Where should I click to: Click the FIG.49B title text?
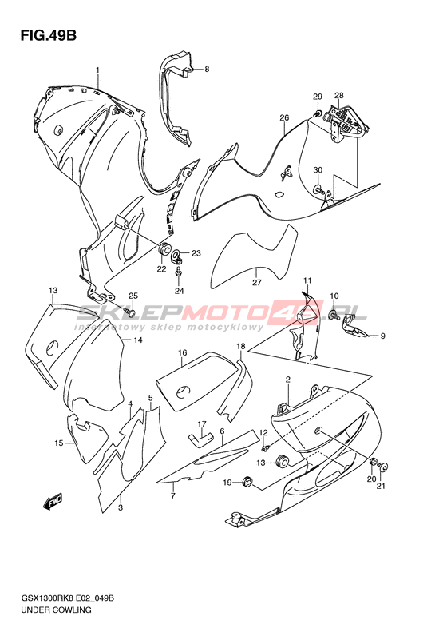49,36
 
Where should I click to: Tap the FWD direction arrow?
53,501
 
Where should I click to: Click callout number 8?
207,69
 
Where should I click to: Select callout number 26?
284,117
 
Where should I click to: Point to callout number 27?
257,282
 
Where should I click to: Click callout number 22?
161,269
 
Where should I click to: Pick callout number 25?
133,296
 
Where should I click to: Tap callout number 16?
183,352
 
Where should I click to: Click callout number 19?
227,482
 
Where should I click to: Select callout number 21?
381,486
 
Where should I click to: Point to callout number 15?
59,443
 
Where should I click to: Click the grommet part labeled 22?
164,250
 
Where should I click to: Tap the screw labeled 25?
129,312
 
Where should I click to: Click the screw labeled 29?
318,113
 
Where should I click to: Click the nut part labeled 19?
247,481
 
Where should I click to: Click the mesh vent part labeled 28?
347,121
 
